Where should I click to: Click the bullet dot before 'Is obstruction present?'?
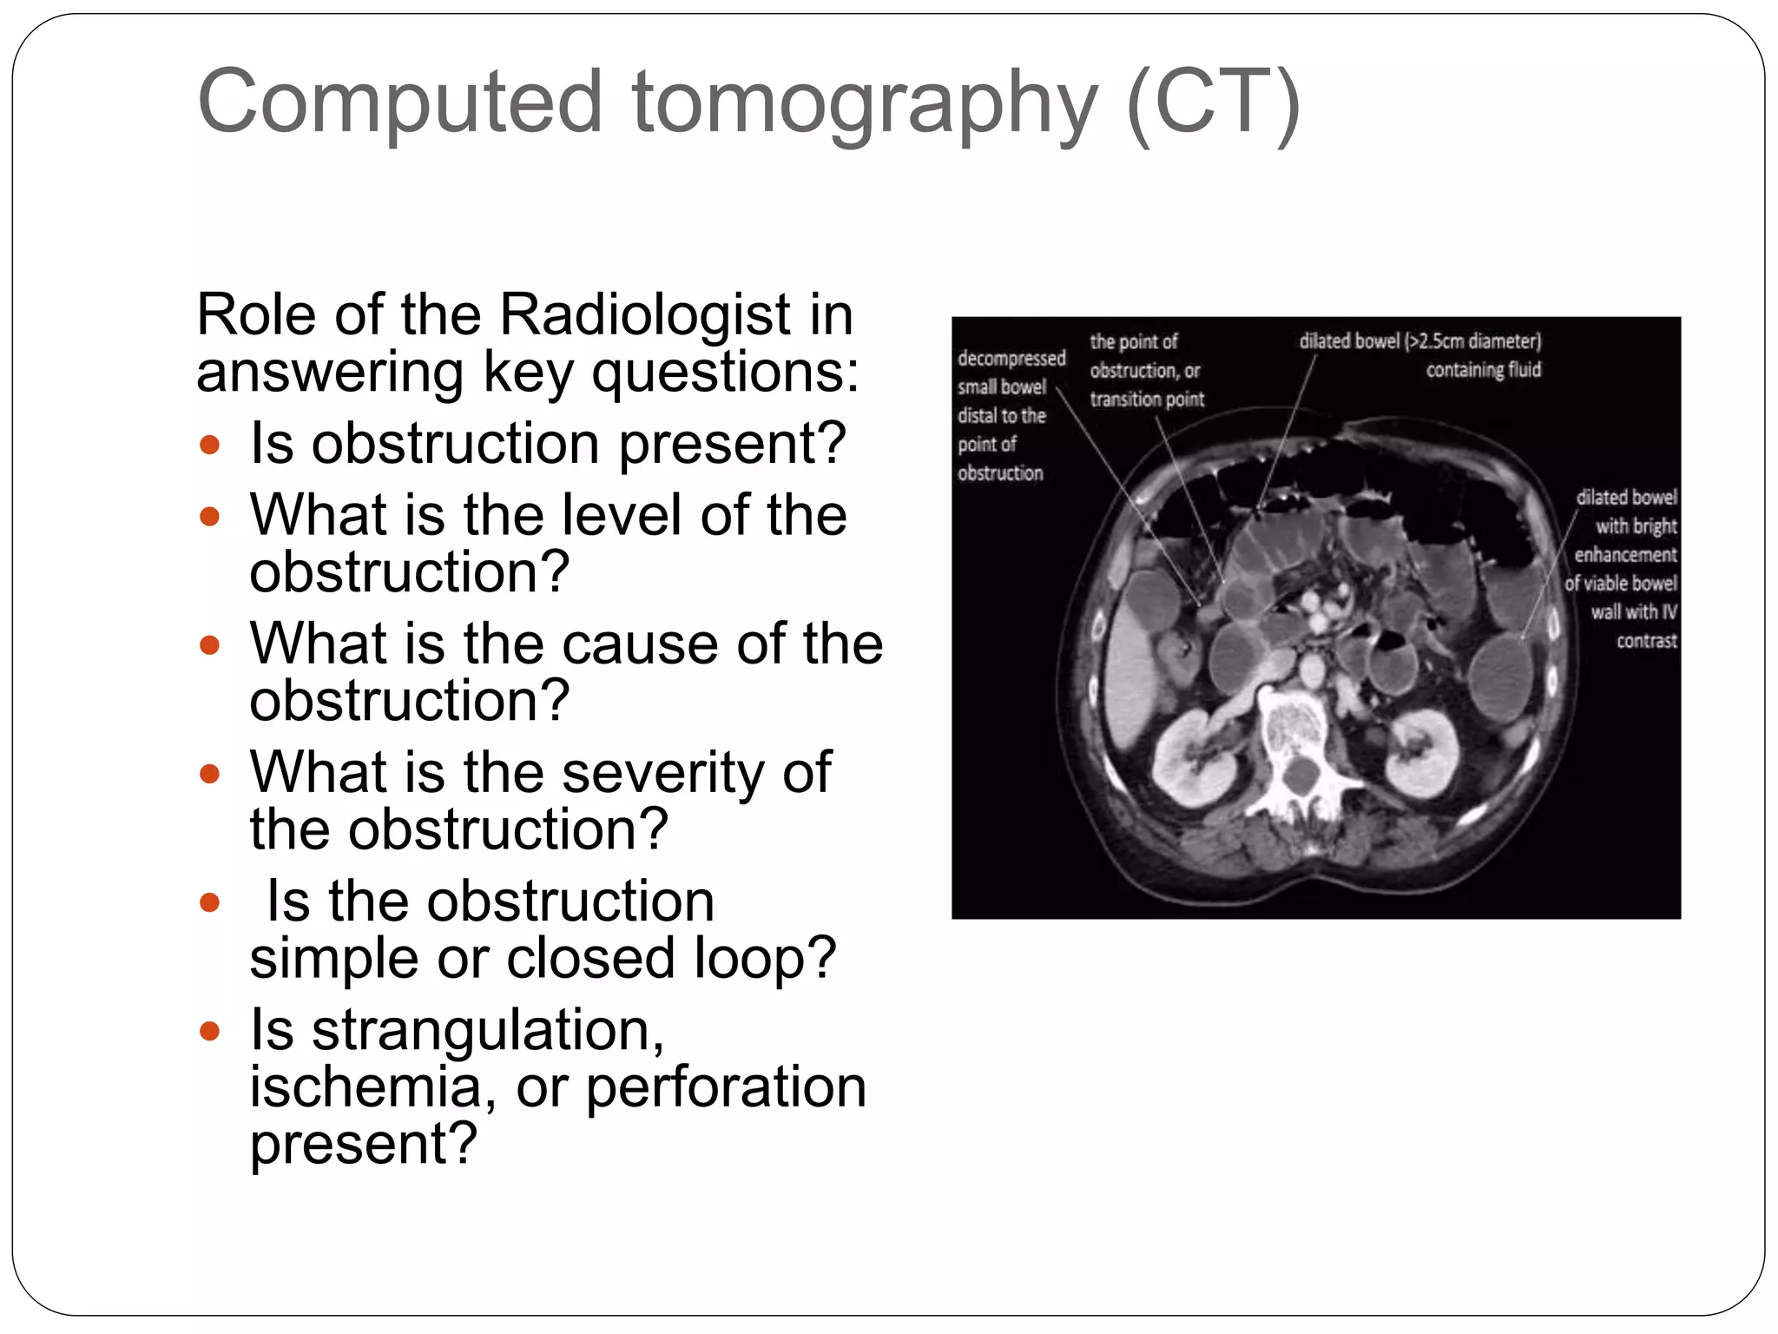tap(209, 446)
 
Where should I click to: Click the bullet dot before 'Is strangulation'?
tap(209, 1031)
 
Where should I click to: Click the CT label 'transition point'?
tap(1147, 400)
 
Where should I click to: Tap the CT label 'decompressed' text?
tap(1011, 359)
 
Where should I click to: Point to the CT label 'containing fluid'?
tap(1483, 370)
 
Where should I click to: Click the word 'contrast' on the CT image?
tap(1646, 641)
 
